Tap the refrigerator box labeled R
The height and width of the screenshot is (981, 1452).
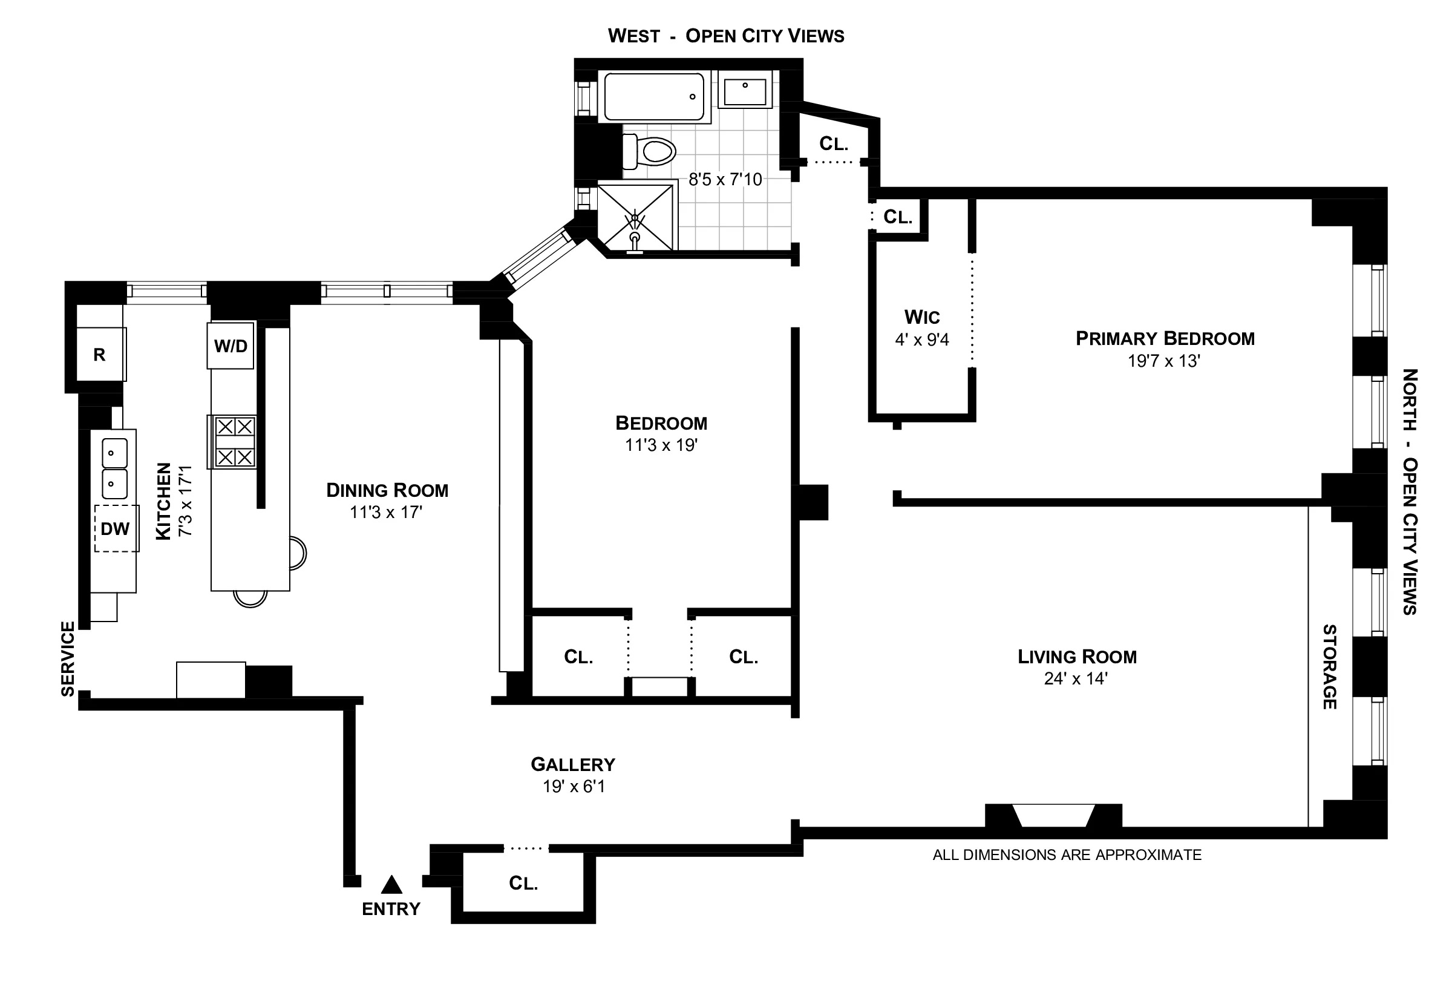point(99,355)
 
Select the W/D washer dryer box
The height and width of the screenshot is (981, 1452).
point(231,346)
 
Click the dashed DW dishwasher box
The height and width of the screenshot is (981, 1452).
point(116,528)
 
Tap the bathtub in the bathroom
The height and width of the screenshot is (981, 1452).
point(654,97)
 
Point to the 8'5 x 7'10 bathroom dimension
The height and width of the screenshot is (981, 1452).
point(725,180)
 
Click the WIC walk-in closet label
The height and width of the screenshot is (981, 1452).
point(921,318)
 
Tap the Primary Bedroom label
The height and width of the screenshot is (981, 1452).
point(1165,339)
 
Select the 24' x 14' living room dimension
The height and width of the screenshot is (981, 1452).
point(1075,678)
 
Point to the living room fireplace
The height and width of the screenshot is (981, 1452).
point(1053,816)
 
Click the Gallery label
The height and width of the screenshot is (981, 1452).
point(573,764)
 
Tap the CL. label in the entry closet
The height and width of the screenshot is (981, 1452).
point(523,883)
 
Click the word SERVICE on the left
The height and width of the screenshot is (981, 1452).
point(68,658)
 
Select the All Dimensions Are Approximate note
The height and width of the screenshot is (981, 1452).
point(1067,855)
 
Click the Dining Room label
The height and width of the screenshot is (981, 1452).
point(387,490)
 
